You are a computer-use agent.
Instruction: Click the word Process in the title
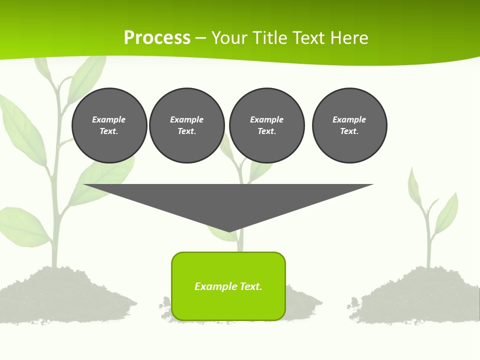coord(157,38)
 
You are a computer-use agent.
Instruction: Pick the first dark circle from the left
coord(109,125)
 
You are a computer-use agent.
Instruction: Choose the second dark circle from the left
coord(187,125)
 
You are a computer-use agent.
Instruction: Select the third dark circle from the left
coord(266,125)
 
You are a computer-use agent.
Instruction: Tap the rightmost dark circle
coord(349,125)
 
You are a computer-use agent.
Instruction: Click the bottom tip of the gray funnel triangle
coord(229,230)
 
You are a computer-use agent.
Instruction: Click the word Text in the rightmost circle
coord(349,131)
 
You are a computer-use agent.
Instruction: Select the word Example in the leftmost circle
coord(109,119)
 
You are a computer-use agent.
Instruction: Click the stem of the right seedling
coord(428,240)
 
